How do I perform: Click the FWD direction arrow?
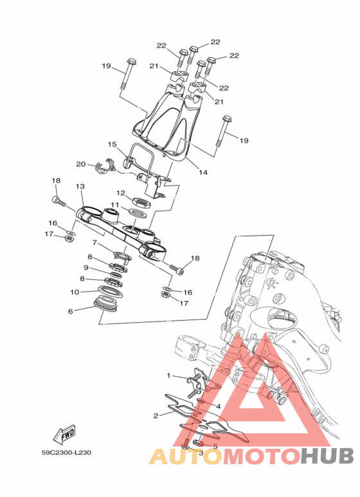[x=65, y=433]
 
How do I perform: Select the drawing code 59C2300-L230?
[x=67, y=452]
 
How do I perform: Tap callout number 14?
[x=203, y=172]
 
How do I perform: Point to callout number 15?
[x=113, y=145]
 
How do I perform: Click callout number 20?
[x=81, y=164]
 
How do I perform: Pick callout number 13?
[x=80, y=186]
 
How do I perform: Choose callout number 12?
[x=121, y=193]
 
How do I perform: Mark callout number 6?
[x=70, y=311]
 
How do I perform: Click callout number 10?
[x=75, y=292]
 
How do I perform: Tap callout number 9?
[x=86, y=268]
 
